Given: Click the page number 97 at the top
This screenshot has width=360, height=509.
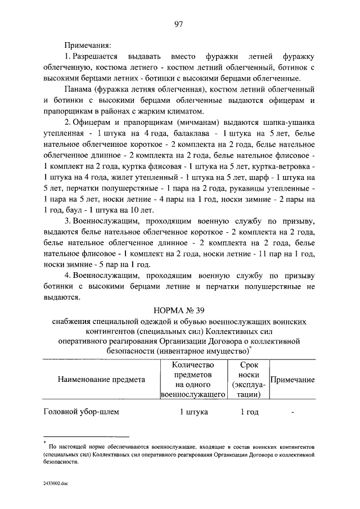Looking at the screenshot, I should coord(179,23).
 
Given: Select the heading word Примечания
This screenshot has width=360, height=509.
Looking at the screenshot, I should coord(87,43).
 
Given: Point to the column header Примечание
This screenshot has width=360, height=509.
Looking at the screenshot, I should coord(292,379).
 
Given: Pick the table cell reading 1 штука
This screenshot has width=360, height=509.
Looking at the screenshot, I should coord(194,412).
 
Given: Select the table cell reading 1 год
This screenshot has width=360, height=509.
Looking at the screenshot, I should coord(249,412).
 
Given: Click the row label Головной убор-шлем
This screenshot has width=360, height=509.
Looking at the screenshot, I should coord(82,412).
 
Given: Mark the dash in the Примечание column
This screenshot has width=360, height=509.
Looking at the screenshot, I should coord(293,412).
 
